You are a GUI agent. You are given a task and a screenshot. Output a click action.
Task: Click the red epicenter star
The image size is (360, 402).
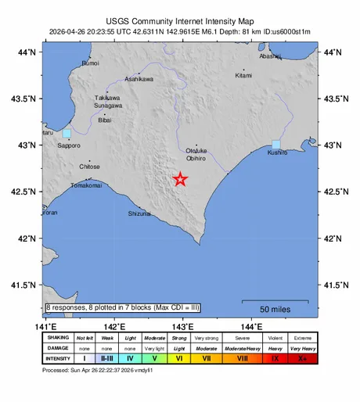(x=181, y=179)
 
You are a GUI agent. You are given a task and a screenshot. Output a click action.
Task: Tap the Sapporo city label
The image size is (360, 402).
(x=69, y=145)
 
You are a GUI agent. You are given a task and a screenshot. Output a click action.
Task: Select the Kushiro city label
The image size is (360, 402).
(x=277, y=153)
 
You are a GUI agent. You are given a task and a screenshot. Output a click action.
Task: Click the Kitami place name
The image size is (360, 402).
(x=244, y=75)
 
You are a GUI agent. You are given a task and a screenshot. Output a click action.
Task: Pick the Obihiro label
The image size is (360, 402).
(x=195, y=157)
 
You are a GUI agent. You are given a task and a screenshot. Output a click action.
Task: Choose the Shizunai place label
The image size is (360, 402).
(x=139, y=213)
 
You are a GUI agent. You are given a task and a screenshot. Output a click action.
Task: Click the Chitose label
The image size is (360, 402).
(x=89, y=167)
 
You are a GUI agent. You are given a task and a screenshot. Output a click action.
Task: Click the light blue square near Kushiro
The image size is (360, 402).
(x=275, y=144)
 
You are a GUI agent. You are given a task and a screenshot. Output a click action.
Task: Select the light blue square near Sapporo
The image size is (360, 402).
(x=67, y=134)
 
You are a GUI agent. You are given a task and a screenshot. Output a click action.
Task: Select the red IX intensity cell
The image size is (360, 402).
(x=273, y=357)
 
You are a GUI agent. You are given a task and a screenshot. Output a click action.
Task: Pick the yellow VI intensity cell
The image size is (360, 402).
(x=178, y=357)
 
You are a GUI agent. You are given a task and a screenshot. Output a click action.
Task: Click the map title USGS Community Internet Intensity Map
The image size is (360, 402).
(x=180, y=23)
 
